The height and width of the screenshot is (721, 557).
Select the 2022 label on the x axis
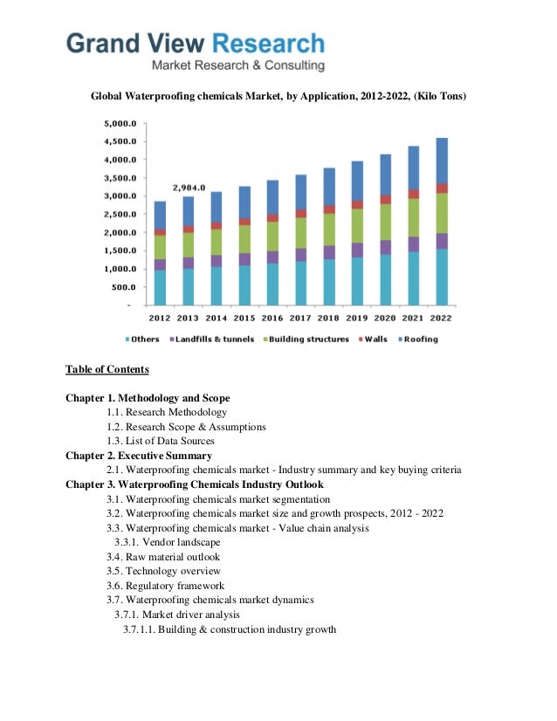pos(442,319)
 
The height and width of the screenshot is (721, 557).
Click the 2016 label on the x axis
pos(272,319)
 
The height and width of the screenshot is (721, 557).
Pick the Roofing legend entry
pos(417,339)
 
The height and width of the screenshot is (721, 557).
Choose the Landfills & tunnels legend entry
pos(215,339)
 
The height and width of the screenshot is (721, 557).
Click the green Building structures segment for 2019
pos(357,225)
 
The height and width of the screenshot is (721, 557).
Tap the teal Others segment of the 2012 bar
pos(160,287)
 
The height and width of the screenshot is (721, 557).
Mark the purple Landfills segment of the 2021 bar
pos(414,244)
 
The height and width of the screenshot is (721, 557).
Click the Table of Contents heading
pos(107,369)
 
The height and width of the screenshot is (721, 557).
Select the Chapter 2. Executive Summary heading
pos(139,456)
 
